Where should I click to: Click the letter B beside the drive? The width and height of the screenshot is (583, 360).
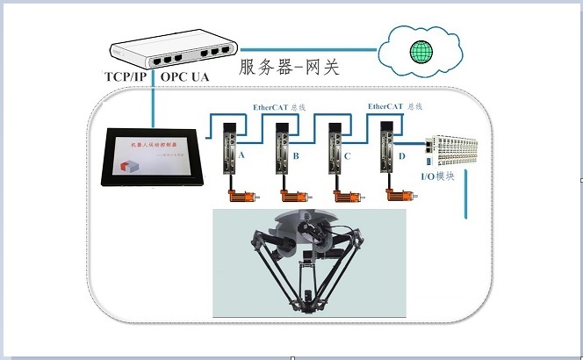[296, 156]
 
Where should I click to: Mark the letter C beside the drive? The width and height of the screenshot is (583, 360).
[348, 156]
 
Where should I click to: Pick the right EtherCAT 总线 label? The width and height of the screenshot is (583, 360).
[394, 106]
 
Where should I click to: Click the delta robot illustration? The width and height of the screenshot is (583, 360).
[309, 263]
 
